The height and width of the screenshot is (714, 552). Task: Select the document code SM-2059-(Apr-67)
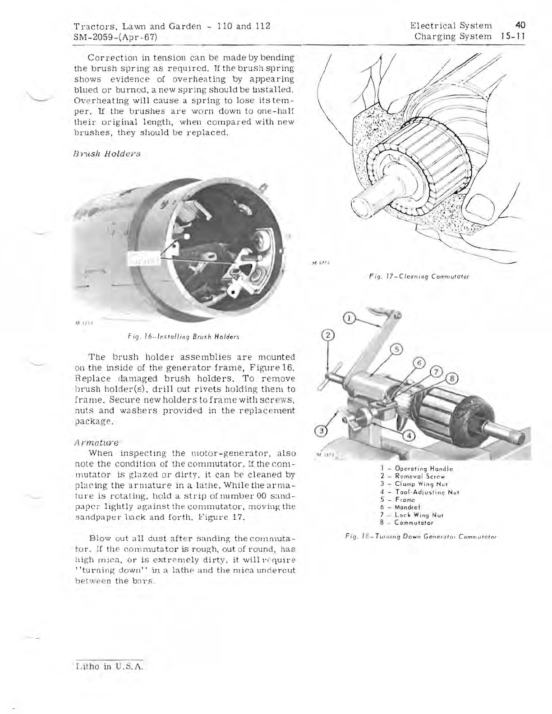(115, 37)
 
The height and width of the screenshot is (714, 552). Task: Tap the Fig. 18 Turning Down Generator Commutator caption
(423, 536)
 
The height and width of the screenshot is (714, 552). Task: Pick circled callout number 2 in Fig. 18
(330, 334)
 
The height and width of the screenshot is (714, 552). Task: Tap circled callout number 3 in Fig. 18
(321, 431)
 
